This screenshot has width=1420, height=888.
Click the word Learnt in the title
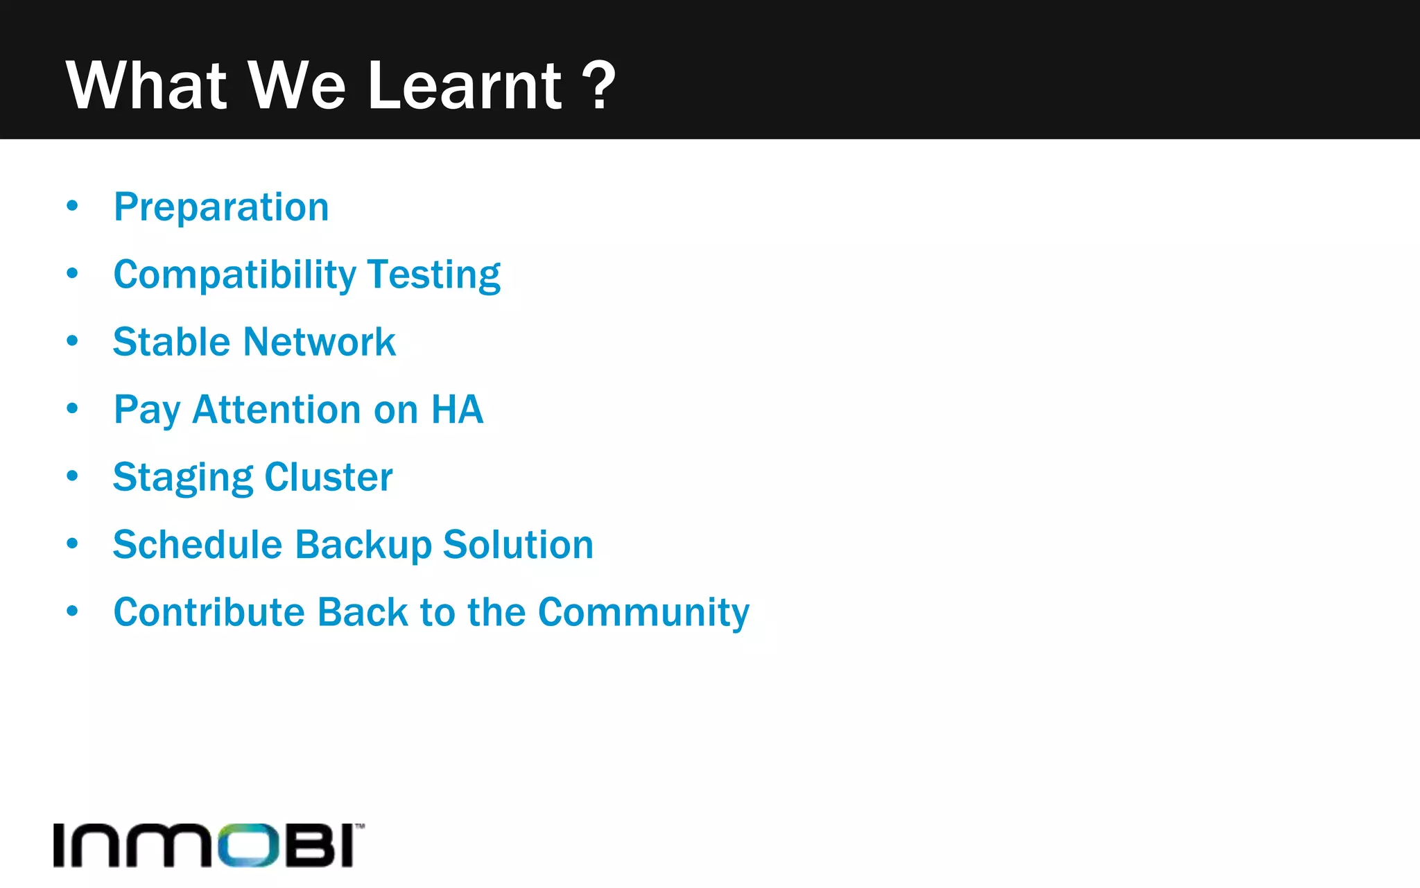pyautogui.click(x=464, y=86)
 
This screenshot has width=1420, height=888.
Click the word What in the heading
pyautogui.click(x=146, y=86)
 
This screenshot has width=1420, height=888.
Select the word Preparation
pyautogui.click(x=221, y=207)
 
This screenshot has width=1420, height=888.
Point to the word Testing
pyautogui.click(x=434, y=275)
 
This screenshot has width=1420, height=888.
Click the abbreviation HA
pyautogui.click(x=457, y=410)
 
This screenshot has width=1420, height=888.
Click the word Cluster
pyautogui.click(x=329, y=478)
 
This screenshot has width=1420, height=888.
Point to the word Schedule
pyautogui.click(x=198, y=545)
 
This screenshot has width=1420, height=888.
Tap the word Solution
pyautogui.click(x=518, y=545)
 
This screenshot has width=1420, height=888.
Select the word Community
pyautogui.click(x=643, y=613)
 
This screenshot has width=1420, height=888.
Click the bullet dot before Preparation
pyautogui.click(x=73, y=206)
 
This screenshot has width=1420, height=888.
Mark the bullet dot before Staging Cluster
pyautogui.click(x=73, y=476)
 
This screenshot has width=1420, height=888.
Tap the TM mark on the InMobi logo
pyautogui.click(x=360, y=826)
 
